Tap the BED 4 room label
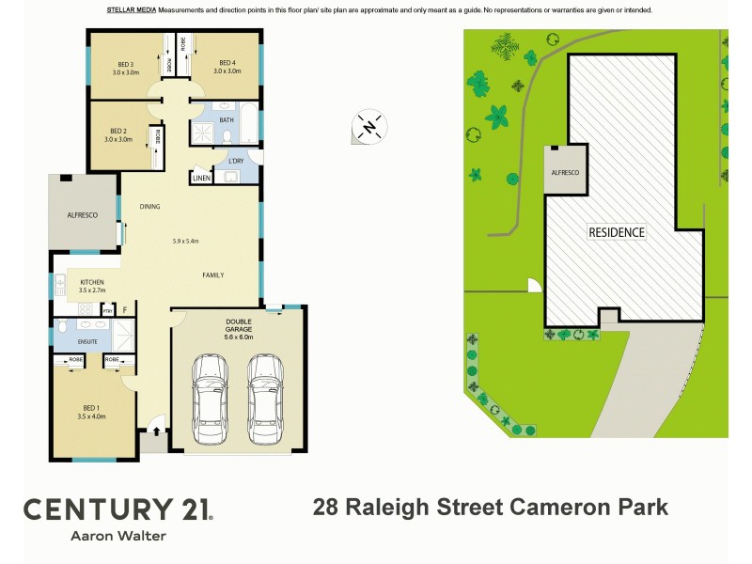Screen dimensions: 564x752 [x=225, y=64]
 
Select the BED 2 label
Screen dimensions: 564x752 [x=117, y=131]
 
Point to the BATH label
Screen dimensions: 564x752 [x=227, y=120]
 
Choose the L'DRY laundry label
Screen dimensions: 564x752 [x=236, y=162]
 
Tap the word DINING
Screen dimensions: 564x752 [x=150, y=207]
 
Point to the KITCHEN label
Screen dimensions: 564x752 [x=91, y=282]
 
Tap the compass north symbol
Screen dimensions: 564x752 [x=369, y=127]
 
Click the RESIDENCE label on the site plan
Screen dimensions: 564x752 [x=617, y=231]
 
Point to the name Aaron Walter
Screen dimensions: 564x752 [x=117, y=537]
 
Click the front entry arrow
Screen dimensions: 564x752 [x=156, y=433]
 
